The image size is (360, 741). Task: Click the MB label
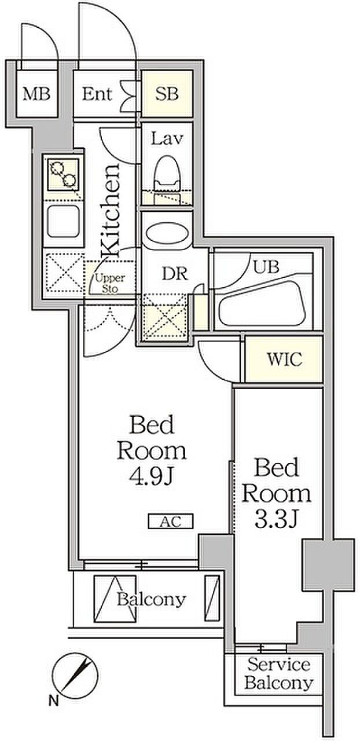[36, 94]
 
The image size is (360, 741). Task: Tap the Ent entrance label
[97, 94]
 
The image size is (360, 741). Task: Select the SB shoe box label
[167, 94]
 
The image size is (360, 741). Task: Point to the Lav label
[167, 138]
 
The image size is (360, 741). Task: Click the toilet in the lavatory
[167, 179]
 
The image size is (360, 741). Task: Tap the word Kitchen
[110, 211]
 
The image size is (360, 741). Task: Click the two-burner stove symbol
[63, 175]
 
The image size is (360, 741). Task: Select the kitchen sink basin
[63, 221]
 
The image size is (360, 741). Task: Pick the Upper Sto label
[110, 283]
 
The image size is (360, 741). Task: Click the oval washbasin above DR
[167, 233]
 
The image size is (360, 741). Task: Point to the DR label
[175, 274]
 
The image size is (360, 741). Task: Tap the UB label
[266, 267]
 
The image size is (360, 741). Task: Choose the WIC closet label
[284, 360]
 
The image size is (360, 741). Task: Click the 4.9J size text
[152, 476]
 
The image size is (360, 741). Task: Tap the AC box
[170, 522]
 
